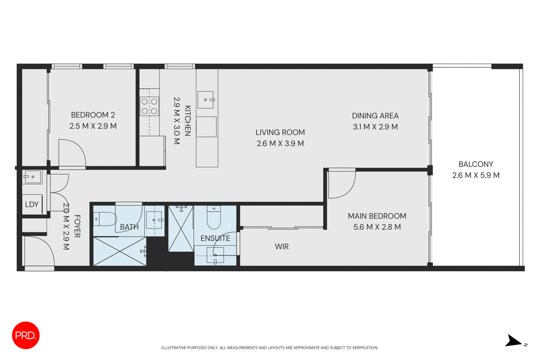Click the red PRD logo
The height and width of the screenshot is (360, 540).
(x=26, y=335)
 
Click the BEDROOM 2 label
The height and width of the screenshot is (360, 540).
(x=93, y=115)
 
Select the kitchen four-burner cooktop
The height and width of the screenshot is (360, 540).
(x=149, y=106)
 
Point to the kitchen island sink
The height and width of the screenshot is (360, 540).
(x=206, y=100)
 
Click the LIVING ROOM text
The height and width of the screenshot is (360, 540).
(x=280, y=132)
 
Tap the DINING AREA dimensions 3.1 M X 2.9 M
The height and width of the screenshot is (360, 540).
(x=375, y=127)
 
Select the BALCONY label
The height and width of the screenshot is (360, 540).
(x=476, y=164)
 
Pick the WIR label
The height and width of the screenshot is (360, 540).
(x=282, y=247)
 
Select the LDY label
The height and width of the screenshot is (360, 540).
(x=31, y=204)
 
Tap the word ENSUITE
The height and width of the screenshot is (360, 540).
(x=215, y=238)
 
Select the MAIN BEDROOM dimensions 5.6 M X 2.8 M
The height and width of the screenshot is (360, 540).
(x=377, y=227)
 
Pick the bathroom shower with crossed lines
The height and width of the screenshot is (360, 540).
(x=120, y=251)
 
